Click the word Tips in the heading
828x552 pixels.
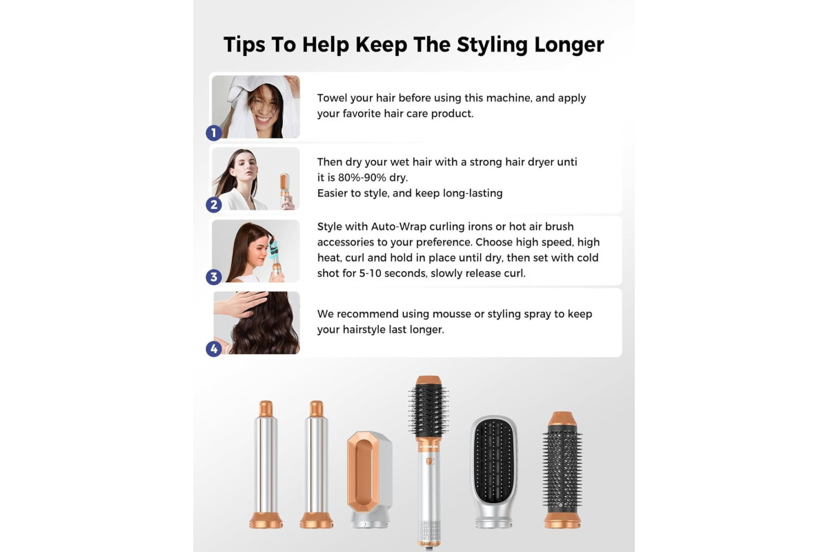(244, 45)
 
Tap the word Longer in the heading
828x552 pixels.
(569, 45)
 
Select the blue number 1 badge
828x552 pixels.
(214, 132)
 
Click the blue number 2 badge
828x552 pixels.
(214, 204)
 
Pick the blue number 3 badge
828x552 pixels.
(214, 277)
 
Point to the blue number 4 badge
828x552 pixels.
(214, 348)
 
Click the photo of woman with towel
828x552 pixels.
(256, 107)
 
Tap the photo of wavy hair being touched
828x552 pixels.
(257, 323)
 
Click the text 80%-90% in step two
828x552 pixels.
(362, 177)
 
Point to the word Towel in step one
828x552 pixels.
(332, 98)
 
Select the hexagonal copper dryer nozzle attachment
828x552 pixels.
(369, 479)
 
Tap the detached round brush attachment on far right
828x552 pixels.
(562, 470)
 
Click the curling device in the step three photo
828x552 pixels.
(275, 259)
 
